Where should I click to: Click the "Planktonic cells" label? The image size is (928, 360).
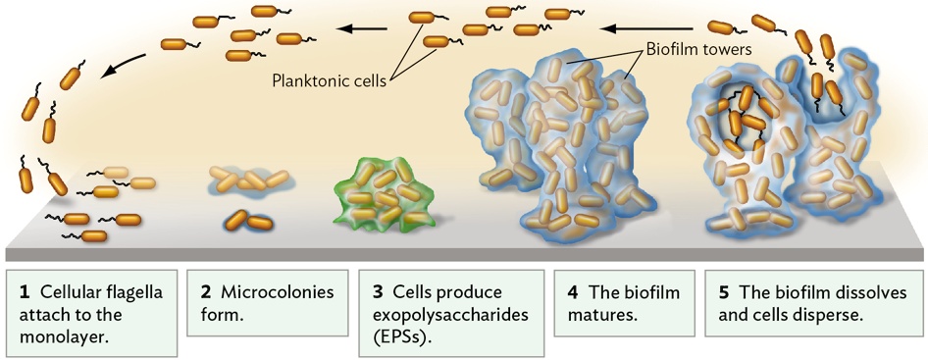point(329,79)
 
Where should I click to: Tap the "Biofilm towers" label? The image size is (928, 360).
point(697,50)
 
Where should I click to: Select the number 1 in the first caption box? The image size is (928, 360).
point(24,292)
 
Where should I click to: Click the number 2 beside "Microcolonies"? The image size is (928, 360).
point(205,292)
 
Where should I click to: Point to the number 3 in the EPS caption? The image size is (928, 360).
point(378,292)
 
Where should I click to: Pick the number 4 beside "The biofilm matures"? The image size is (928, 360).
point(572,292)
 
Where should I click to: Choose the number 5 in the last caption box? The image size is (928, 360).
point(723,292)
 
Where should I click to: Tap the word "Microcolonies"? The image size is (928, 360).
point(278,292)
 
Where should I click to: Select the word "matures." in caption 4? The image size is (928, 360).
point(602,315)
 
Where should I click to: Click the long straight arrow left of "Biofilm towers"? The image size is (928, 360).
point(645,27)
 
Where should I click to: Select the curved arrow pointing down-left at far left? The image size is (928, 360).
point(123,65)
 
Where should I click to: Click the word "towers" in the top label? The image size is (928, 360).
point(724,50)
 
